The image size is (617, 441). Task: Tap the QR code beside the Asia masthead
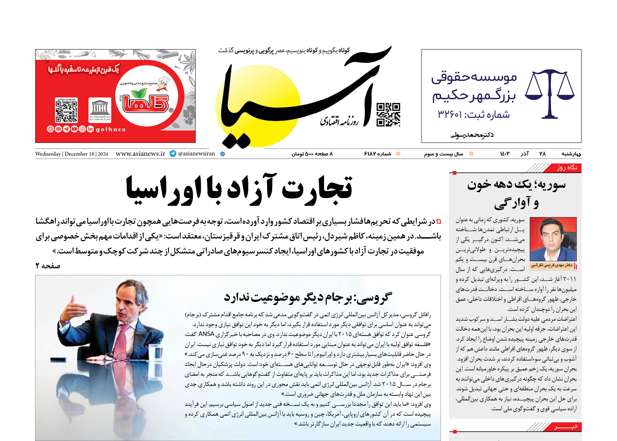pyautogui.click(x=388, y=115)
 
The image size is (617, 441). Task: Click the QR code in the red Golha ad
pyautogui.click(x=66, y=110)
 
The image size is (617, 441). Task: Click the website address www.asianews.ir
pyautogui.click(x=140, y=154)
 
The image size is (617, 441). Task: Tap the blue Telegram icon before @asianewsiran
pyautogui.click(x=173, y=154)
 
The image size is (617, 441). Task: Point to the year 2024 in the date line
pyautogui.click(x=103, y=154)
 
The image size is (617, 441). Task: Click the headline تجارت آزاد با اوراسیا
pyautogui.click(x=239, y=189)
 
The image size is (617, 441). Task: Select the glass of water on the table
pyautogui.click(x=159, y=353)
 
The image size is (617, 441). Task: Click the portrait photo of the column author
pyautogui.click(x=553, y=239)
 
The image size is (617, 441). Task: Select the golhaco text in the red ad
pyautogui.click(x=111, y=129)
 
